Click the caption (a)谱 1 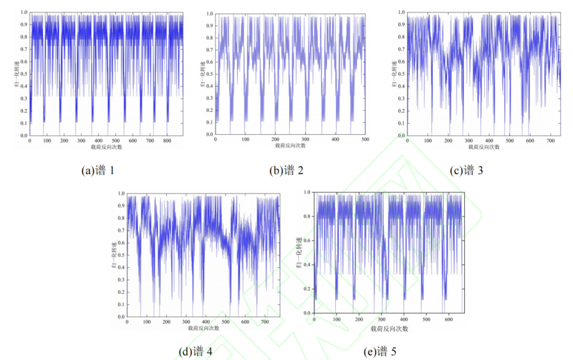pos(98,171)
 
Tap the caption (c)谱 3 pos(467,170)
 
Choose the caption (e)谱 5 pos(380,352)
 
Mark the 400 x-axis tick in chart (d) pos(206,322)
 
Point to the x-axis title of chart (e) pos(389,329)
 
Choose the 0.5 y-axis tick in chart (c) pos(401,74)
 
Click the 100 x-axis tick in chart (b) pos(245,139)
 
